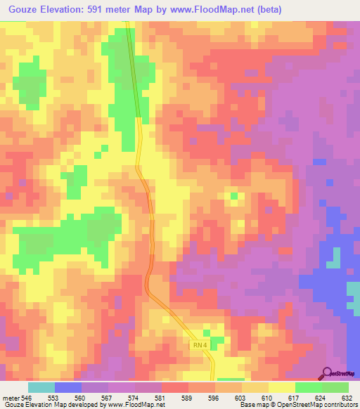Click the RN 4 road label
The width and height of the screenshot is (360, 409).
tap(200, 345)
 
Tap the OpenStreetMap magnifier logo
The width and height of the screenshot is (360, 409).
tap(327, 373)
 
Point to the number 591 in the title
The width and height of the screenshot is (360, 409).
tap(103, 9)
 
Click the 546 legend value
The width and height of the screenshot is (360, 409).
tap(25, 397)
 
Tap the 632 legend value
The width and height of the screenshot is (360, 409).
tap(347, 397)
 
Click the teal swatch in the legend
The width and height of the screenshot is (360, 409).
tap(41, 387)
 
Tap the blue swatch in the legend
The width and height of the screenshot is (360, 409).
tap(68, 387)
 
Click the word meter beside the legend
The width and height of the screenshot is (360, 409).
tap(9, 397)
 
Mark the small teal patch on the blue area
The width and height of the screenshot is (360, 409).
tap(334, 258)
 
